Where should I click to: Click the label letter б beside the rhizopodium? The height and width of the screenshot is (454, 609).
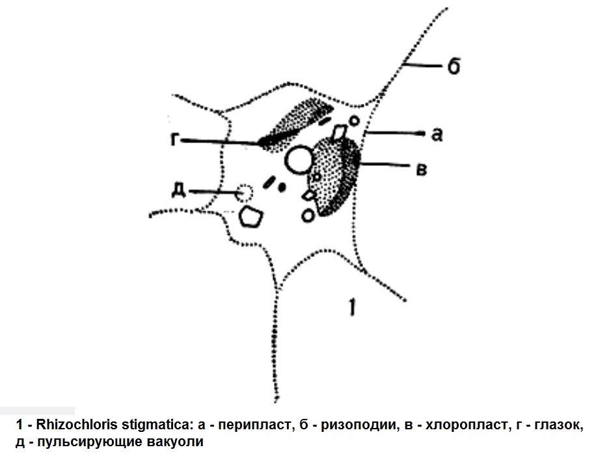(x=453, y=66)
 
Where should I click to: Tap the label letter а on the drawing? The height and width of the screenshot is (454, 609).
(x=437, y=135)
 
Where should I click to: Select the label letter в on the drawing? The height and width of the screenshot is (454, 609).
(x=422, y=170)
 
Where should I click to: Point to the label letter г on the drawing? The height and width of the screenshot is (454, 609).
(x=175, y=139)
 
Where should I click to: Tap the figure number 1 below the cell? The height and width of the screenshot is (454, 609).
(x=352, y=307)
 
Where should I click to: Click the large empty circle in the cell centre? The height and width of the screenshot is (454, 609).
(x=299, y=160)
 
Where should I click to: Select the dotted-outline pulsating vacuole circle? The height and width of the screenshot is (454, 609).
(x=245, y=193)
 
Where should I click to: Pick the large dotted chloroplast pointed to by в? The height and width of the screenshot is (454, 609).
(x=335, y=178)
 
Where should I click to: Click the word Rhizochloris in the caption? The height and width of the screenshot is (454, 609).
(x=77, y=425)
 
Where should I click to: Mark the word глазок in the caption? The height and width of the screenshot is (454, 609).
(x=559, y=425)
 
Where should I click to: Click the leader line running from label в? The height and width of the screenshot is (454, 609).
(x=385, y=165)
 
